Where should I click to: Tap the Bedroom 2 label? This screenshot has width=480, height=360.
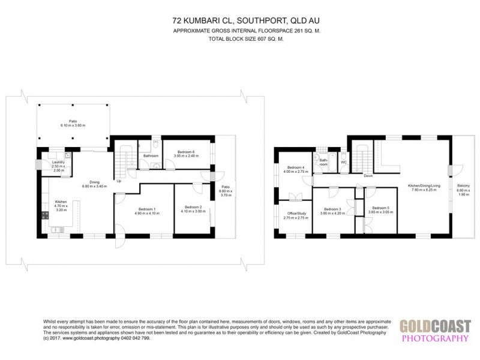[x=193, y=206]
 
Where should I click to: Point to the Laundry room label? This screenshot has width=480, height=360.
[x=58, y=162]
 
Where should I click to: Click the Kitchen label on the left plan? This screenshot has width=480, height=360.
[x=61, y=202]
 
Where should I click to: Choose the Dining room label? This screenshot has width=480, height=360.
[x=95, y=182]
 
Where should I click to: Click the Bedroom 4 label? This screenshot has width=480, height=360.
[x=295, y=167]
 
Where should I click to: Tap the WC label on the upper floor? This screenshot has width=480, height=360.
[x=344, y=162]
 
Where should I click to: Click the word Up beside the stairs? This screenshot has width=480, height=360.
[x=119, y=181]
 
